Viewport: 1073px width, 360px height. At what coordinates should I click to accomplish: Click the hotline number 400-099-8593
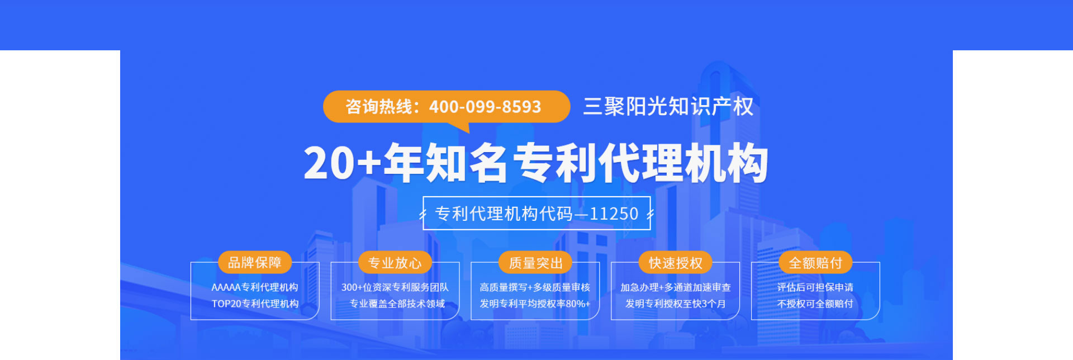click(485, 107)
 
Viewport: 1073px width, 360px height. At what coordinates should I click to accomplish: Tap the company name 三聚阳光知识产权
click(668, 106)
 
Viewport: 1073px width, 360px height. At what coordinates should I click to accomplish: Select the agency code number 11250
click(614, 214)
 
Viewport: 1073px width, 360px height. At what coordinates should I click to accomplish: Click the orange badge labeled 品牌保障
click(255, 262)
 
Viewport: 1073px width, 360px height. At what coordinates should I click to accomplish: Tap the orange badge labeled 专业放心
click(395, 262)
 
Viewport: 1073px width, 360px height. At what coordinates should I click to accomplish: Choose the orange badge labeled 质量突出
click(535, 262)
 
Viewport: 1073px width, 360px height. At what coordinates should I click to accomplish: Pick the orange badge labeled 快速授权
click(676, 262)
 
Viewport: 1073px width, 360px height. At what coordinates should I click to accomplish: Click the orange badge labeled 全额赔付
click(815, 262)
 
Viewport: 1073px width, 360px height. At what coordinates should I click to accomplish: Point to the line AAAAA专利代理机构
click(255, 287)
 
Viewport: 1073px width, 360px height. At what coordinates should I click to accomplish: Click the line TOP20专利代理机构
click(255, 304)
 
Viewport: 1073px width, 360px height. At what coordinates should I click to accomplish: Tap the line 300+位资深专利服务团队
click(395, 287)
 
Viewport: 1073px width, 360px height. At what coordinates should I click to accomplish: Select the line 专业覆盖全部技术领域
click(397, 304)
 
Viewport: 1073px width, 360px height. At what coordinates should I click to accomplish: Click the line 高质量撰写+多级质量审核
click(535, 287)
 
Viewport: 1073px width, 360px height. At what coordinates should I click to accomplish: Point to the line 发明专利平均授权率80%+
click(535, 304)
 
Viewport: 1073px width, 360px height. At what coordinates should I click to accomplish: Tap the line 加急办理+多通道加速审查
click(676, 287)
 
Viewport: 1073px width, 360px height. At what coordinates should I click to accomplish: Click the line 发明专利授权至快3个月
click(676, 304)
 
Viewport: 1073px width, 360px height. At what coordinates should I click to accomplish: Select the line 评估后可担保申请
click(815, 287)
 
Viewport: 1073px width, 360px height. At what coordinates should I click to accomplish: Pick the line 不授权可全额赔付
click(815, 304)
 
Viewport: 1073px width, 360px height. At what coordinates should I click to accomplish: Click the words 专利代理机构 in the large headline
click(640, 163)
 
